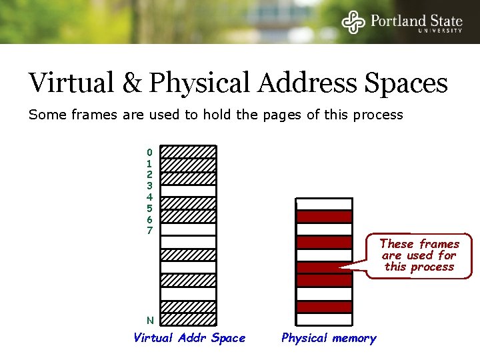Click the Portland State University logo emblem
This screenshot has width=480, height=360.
(x=353, y=22)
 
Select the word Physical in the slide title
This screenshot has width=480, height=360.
(x=198, y=84)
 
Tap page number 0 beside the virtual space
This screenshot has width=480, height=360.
(x=149, y=152)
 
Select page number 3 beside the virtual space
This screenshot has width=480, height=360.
(x=149, y=186)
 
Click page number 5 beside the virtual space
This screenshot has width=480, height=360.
(x=149, y=208)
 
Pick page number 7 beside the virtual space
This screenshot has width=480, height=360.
(x=149, y=231)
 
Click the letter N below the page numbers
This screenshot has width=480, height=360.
(x=150, y=320)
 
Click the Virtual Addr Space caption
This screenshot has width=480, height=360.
(x=189, y=338)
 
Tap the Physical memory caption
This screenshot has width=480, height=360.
(x=329, y=338)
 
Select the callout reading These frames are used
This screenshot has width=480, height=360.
(x=419, y=255)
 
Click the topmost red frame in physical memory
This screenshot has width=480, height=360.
(x=324, y=217)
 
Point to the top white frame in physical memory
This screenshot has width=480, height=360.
(x=324, y=204)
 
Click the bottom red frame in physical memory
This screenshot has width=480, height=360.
(x=324, y=307)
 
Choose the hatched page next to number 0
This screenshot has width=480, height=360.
(x=189, y=152)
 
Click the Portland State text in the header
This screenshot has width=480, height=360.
(x=416, y=20)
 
